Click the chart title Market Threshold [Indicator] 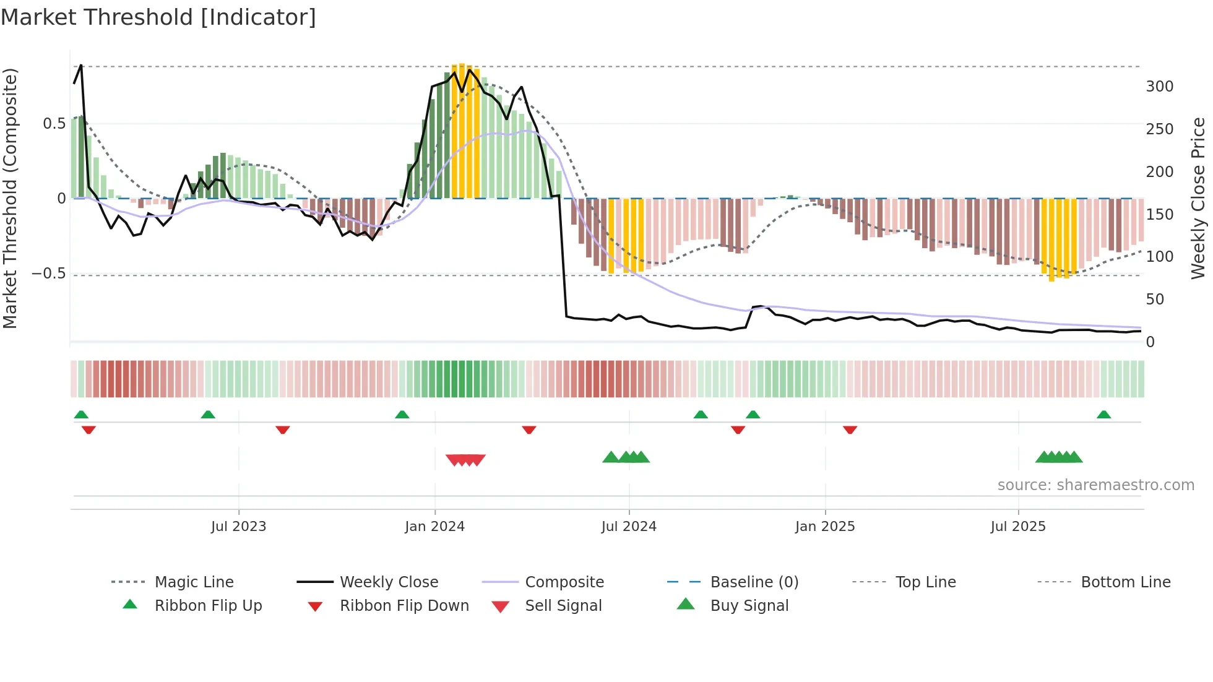tap(158, 17)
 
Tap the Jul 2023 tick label tap(238, 527)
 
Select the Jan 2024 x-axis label tap(434, 527)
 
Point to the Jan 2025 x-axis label tap(825, 527)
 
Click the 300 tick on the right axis tap(1159, 87)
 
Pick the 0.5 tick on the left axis tap(54, 124)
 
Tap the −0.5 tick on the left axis tap(49, 274)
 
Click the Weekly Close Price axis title tap(1198, 198)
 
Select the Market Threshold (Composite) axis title tap(10, 198)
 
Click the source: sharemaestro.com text tap(1095, 485)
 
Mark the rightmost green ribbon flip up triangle tap(1103, 415)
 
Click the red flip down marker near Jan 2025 tap(850, 429)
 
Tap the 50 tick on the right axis tap(1155, 300)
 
